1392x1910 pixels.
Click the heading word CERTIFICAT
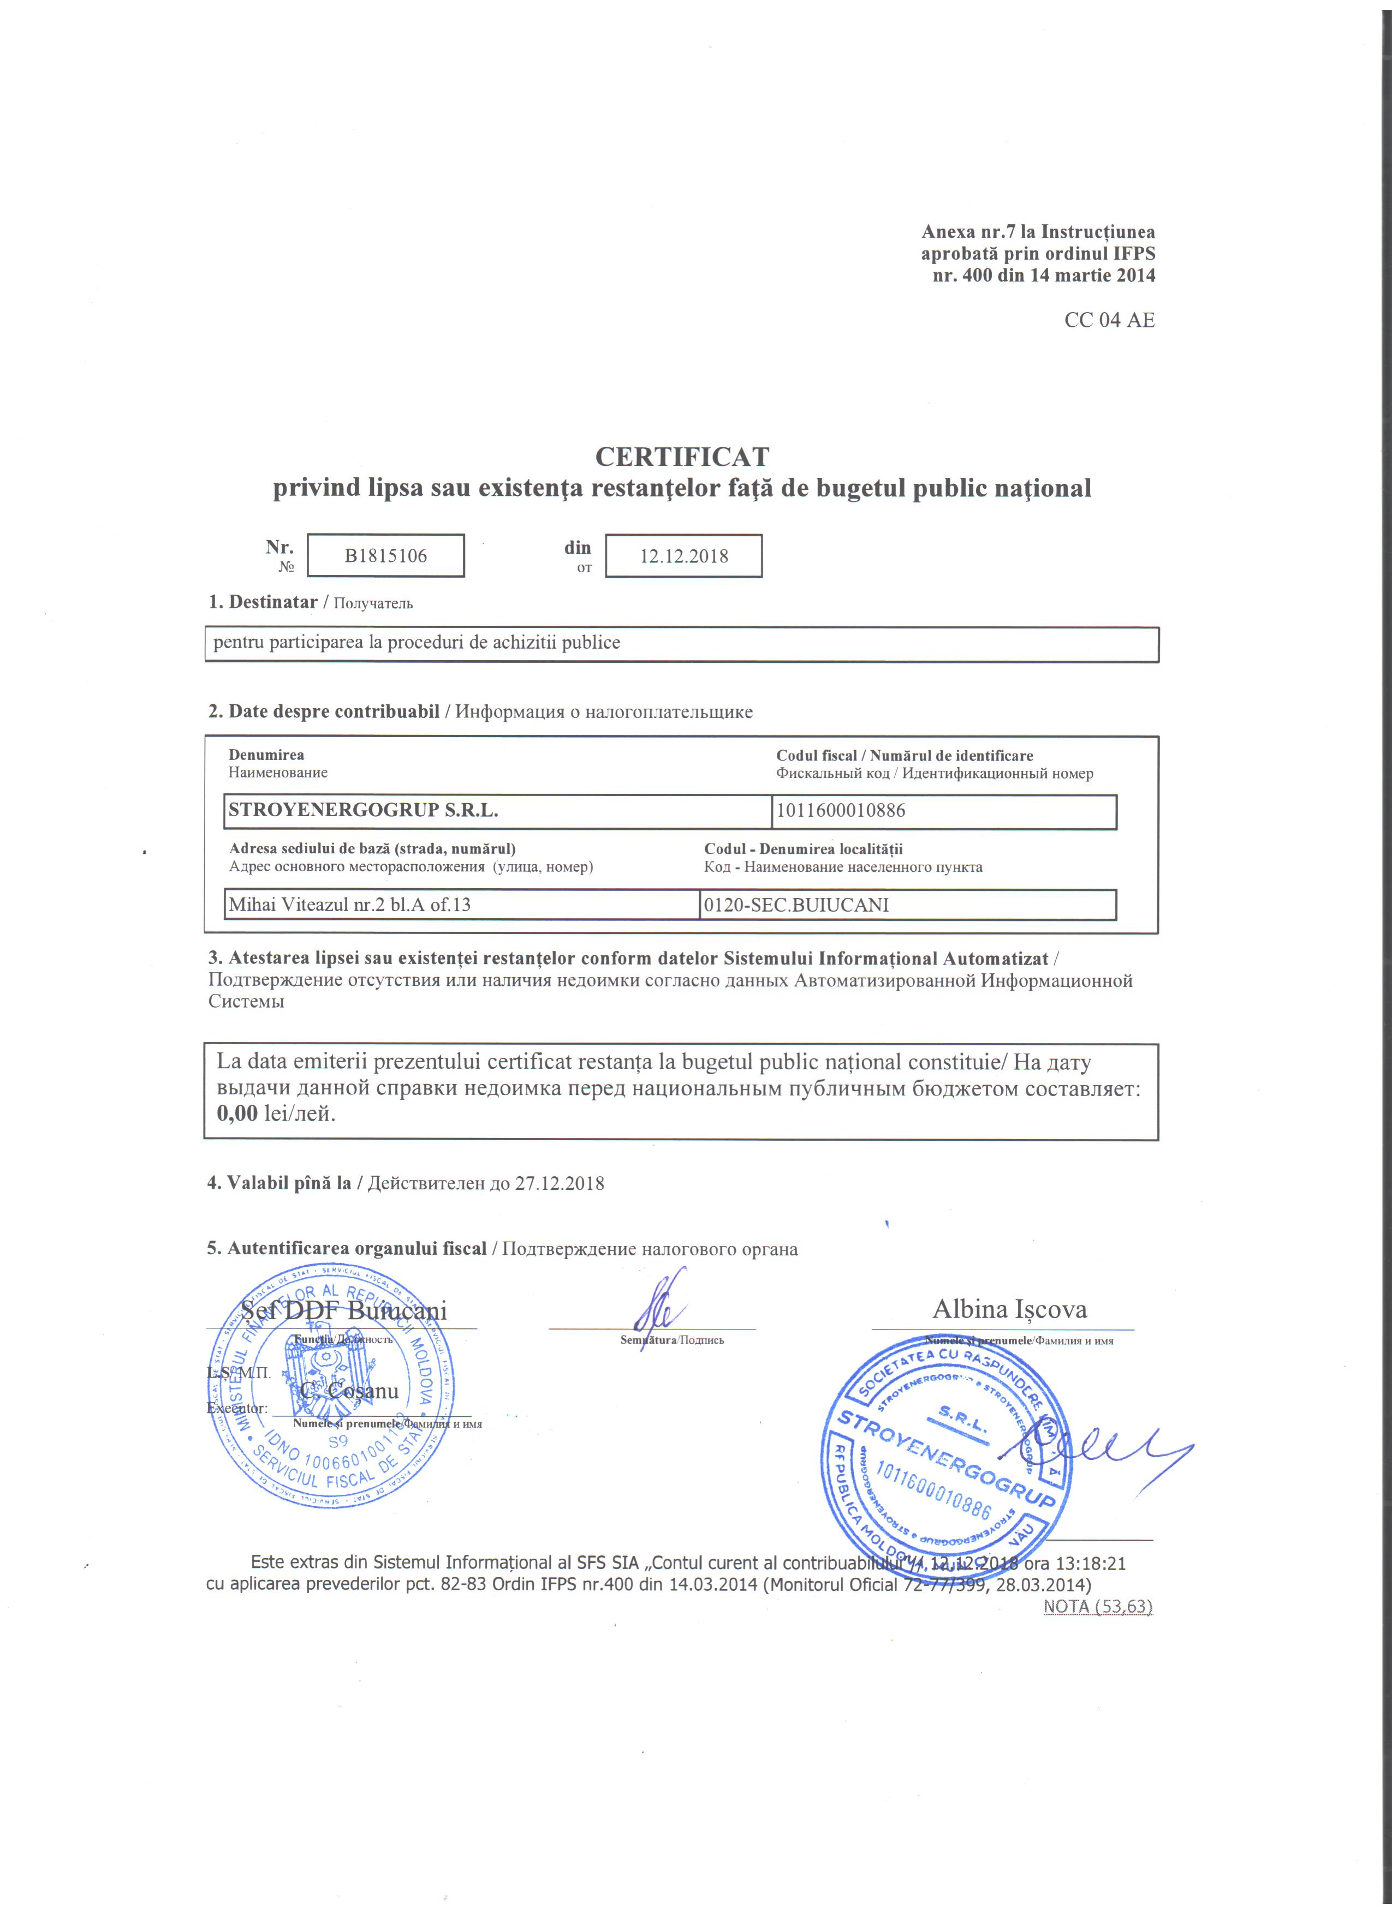pyautogui.click(x=682, y=457)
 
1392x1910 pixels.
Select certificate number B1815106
pyautogui.click(x=386, y=556)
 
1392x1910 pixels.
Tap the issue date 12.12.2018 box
pyautogui.click(x=683, y=556)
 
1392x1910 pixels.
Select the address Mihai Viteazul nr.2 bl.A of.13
pyautogui.click(x=350, y=905)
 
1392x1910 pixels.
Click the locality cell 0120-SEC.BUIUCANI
pyautogui.click(x=795, y=905)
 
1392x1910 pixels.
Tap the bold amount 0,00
pyautogui.click(x=237, y=1113)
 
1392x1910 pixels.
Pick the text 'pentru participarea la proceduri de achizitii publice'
pyautogui.click(x=417, y=643)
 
